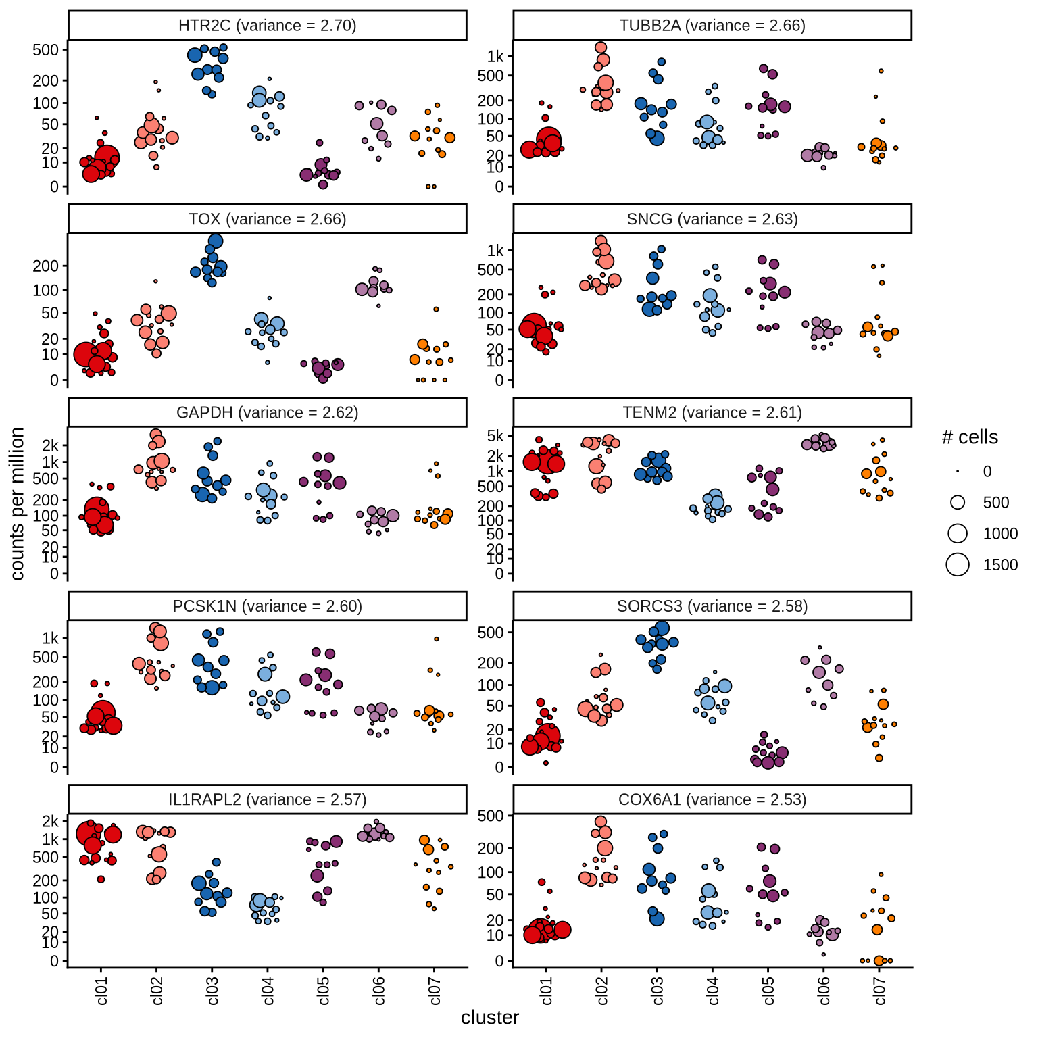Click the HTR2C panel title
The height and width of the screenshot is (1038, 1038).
point(267,26)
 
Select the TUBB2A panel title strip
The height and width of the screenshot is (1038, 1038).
point(712,26)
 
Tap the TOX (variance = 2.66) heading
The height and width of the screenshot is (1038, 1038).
point(267,220)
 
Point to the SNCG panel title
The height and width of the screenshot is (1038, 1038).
point(712,220)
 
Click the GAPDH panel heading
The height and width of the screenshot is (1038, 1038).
point(267,413)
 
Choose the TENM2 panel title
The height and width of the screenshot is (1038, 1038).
point(712,413)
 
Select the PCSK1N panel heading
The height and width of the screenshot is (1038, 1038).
point(267,606)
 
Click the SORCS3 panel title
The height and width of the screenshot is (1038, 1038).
point(712,606)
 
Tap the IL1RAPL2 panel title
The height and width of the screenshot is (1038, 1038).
point(267,800)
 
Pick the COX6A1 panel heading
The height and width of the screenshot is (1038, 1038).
point(712,800)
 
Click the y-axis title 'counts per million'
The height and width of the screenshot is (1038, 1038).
point(18,503)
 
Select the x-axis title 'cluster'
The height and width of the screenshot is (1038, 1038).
point(490,1018)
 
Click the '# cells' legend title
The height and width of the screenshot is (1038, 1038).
point(970,437)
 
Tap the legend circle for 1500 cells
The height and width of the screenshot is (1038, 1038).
point(958,564)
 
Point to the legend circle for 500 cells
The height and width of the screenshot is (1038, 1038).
point(958,502)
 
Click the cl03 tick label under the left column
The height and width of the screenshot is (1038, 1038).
point(212,991)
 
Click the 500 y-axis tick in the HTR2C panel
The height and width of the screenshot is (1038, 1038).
point(46,50)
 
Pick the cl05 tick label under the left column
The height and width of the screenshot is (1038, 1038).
point(323,991)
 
